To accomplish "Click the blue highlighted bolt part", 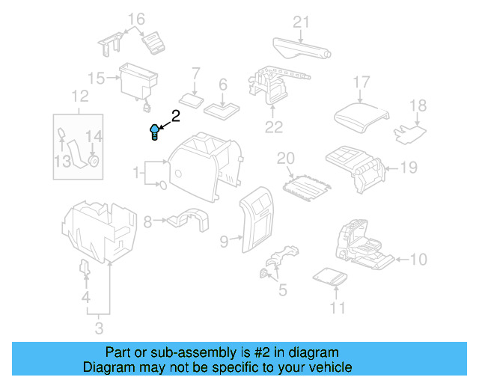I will click(155, 132).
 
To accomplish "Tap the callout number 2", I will click(176, 116).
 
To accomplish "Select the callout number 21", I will click(300, 22).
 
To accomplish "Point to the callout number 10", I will click(418, 260).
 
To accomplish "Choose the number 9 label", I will click(224, 241).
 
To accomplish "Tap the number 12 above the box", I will click(79, 96).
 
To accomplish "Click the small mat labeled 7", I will click(192, 99).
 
